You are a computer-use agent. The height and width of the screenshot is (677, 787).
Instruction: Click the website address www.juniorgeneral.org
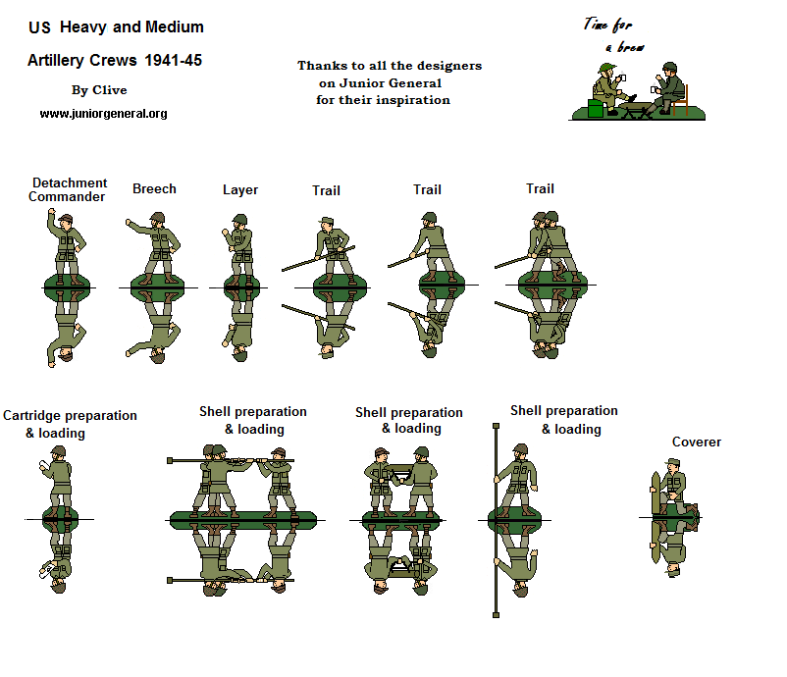coord(103,114)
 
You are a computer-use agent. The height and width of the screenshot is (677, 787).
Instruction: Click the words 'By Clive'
coord(99,90)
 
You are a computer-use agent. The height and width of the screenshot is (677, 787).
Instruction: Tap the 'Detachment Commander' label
coord(68,189)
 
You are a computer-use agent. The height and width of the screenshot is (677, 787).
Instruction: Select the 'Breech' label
coord(154,188)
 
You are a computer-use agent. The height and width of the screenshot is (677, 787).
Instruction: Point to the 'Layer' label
coord(240,189)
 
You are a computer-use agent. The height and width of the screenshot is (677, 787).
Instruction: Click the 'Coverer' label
coord(696,443)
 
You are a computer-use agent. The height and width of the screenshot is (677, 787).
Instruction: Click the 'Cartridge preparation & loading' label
coord(69,424)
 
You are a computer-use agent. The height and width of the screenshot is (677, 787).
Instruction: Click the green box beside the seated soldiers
coord(596,108)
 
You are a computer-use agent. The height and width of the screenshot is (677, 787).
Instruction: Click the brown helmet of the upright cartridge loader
coord(59,451)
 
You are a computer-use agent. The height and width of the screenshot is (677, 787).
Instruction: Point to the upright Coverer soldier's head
coord(673,464)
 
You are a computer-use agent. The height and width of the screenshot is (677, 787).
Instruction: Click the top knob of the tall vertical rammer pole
coord(496,429)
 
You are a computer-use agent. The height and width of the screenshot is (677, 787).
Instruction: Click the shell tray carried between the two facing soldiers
coord(399,475)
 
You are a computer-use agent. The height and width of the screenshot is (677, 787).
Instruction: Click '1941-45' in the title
coord(173,60)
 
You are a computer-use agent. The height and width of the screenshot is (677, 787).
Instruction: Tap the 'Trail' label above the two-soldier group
coord(540,188)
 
